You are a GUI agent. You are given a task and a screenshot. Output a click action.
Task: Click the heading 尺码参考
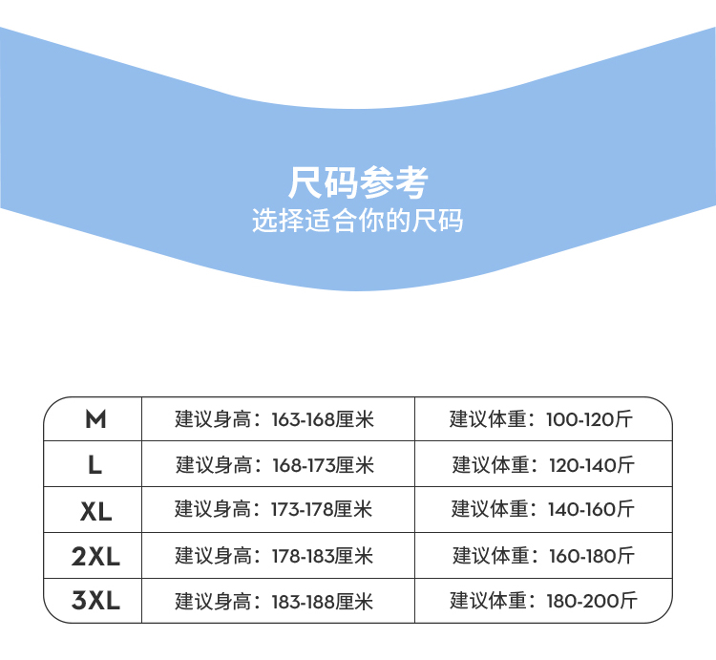(x=358, y=181)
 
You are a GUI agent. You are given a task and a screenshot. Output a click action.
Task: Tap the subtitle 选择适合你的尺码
(x=358, y=222)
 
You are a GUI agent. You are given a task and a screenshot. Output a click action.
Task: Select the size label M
(x=95, y=419)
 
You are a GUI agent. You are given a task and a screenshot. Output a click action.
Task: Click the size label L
(x=95, y=465)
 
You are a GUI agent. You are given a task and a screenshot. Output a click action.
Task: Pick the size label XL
(x=95, y=511)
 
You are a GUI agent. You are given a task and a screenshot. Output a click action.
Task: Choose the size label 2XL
(x=95, y=556)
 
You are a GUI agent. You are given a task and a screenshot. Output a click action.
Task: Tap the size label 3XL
(x=95, y=602)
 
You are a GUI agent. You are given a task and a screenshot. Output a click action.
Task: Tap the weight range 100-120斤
(x=589, y=419)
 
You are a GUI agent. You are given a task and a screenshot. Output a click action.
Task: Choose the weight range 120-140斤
(x=591, y=465)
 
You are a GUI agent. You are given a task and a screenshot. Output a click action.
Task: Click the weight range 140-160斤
(x=591, y=510)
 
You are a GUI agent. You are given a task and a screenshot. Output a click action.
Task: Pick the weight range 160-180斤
(x=592, y=556)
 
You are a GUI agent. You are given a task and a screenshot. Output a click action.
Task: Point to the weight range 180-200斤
(x=592, y=602)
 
